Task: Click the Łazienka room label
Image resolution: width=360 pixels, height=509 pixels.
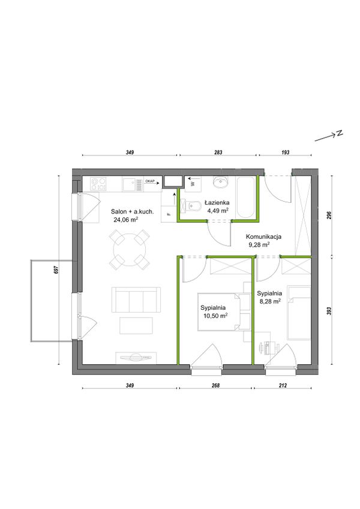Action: click(x=217, y=202)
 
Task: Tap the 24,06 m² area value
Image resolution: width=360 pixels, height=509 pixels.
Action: click(x=125, y=220)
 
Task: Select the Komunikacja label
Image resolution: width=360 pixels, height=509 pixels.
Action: click(x=263, y=236)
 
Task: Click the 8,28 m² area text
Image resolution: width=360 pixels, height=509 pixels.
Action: click(x=269, y=301)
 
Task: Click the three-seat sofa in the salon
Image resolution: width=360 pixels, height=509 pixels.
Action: click(x=136, y=300)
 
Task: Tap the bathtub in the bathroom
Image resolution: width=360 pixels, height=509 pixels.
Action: click(x=245, y=197)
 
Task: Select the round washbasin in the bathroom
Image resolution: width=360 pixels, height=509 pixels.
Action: click(x=223, y=182)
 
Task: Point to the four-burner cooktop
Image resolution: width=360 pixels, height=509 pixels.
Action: click(x=98, y=184)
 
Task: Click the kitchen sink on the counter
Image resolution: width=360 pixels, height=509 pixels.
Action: click(x=133, y=184)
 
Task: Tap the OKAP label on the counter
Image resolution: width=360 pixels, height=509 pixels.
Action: click(x=149, y=181)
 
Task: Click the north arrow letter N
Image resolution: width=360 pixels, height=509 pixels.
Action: click(x=340, y=133)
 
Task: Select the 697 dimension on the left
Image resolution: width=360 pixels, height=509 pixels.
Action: click(x=56, y=270)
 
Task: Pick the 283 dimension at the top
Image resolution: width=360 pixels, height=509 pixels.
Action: click(x=218, y=152)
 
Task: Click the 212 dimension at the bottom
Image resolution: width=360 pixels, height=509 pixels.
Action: click(x=283, y=385)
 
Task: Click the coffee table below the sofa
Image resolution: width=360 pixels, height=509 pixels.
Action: click(x=136, y=325)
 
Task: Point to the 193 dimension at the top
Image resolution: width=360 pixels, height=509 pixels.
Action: click(x=286, y=152)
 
